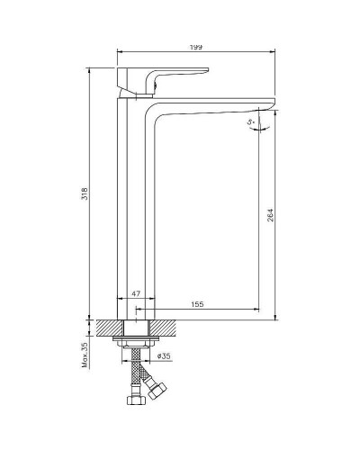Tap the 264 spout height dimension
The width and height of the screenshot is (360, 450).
[x=269, y=215]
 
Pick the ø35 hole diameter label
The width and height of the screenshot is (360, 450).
[x=164, y=356]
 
